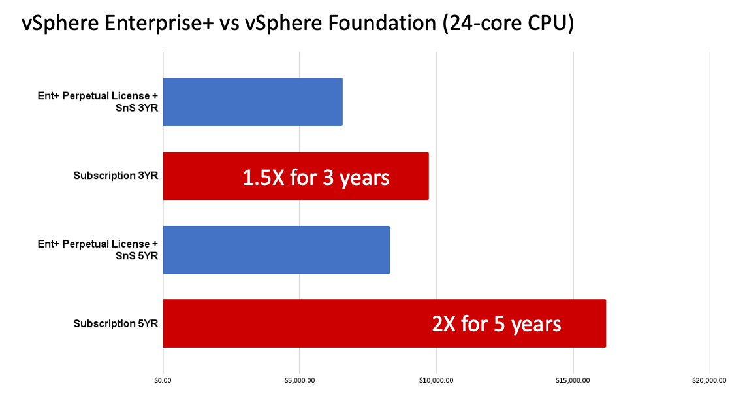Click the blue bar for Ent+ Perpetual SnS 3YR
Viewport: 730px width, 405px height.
pyautogui.click(x=252, y=102)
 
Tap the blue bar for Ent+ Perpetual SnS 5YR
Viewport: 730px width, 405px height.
pyautogui.click(x=276, y=250)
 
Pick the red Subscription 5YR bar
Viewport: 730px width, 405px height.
pyautogui.click(x=294, y=323)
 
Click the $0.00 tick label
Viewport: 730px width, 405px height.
pyautogui.click(x=163, y=380)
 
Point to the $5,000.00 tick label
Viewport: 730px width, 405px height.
pyautogui.click(x=299, y=380)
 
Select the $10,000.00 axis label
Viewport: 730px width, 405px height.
pyautogui.click(x=436, y=380)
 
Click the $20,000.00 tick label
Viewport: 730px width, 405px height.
pyautogui.click(x=709, y=380)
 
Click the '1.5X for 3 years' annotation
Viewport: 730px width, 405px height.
pyautogui.click(x=316, y=177)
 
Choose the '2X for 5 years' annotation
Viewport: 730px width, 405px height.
pyautogui.click(x=496, y=323)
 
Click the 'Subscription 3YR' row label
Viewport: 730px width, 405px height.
pyautogui.click(x=116, y=176)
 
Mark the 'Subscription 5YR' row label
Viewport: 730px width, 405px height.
pyautogui.click(x=116, y=323)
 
